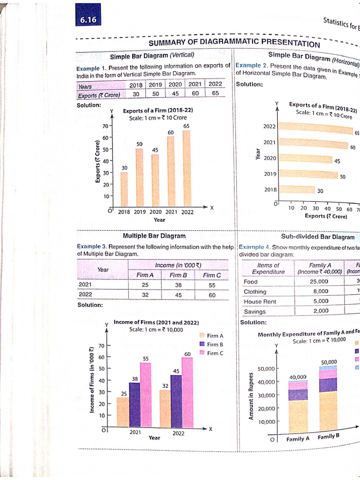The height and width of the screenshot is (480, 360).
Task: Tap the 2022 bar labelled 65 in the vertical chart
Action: [187, 168]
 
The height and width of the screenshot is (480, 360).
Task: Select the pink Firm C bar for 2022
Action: [187, 392]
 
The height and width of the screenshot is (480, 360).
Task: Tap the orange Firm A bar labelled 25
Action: [123, 412]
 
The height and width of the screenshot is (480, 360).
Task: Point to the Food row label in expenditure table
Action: [251, 282]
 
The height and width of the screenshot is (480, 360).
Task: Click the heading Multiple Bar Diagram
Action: [154, 236]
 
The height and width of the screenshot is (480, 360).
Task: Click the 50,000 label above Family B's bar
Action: [329, 362]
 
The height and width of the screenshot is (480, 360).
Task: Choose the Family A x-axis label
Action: [298, 439]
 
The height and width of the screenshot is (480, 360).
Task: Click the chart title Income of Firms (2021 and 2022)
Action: [156, 322]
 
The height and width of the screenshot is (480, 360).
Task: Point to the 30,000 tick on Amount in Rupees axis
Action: [267, 396]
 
